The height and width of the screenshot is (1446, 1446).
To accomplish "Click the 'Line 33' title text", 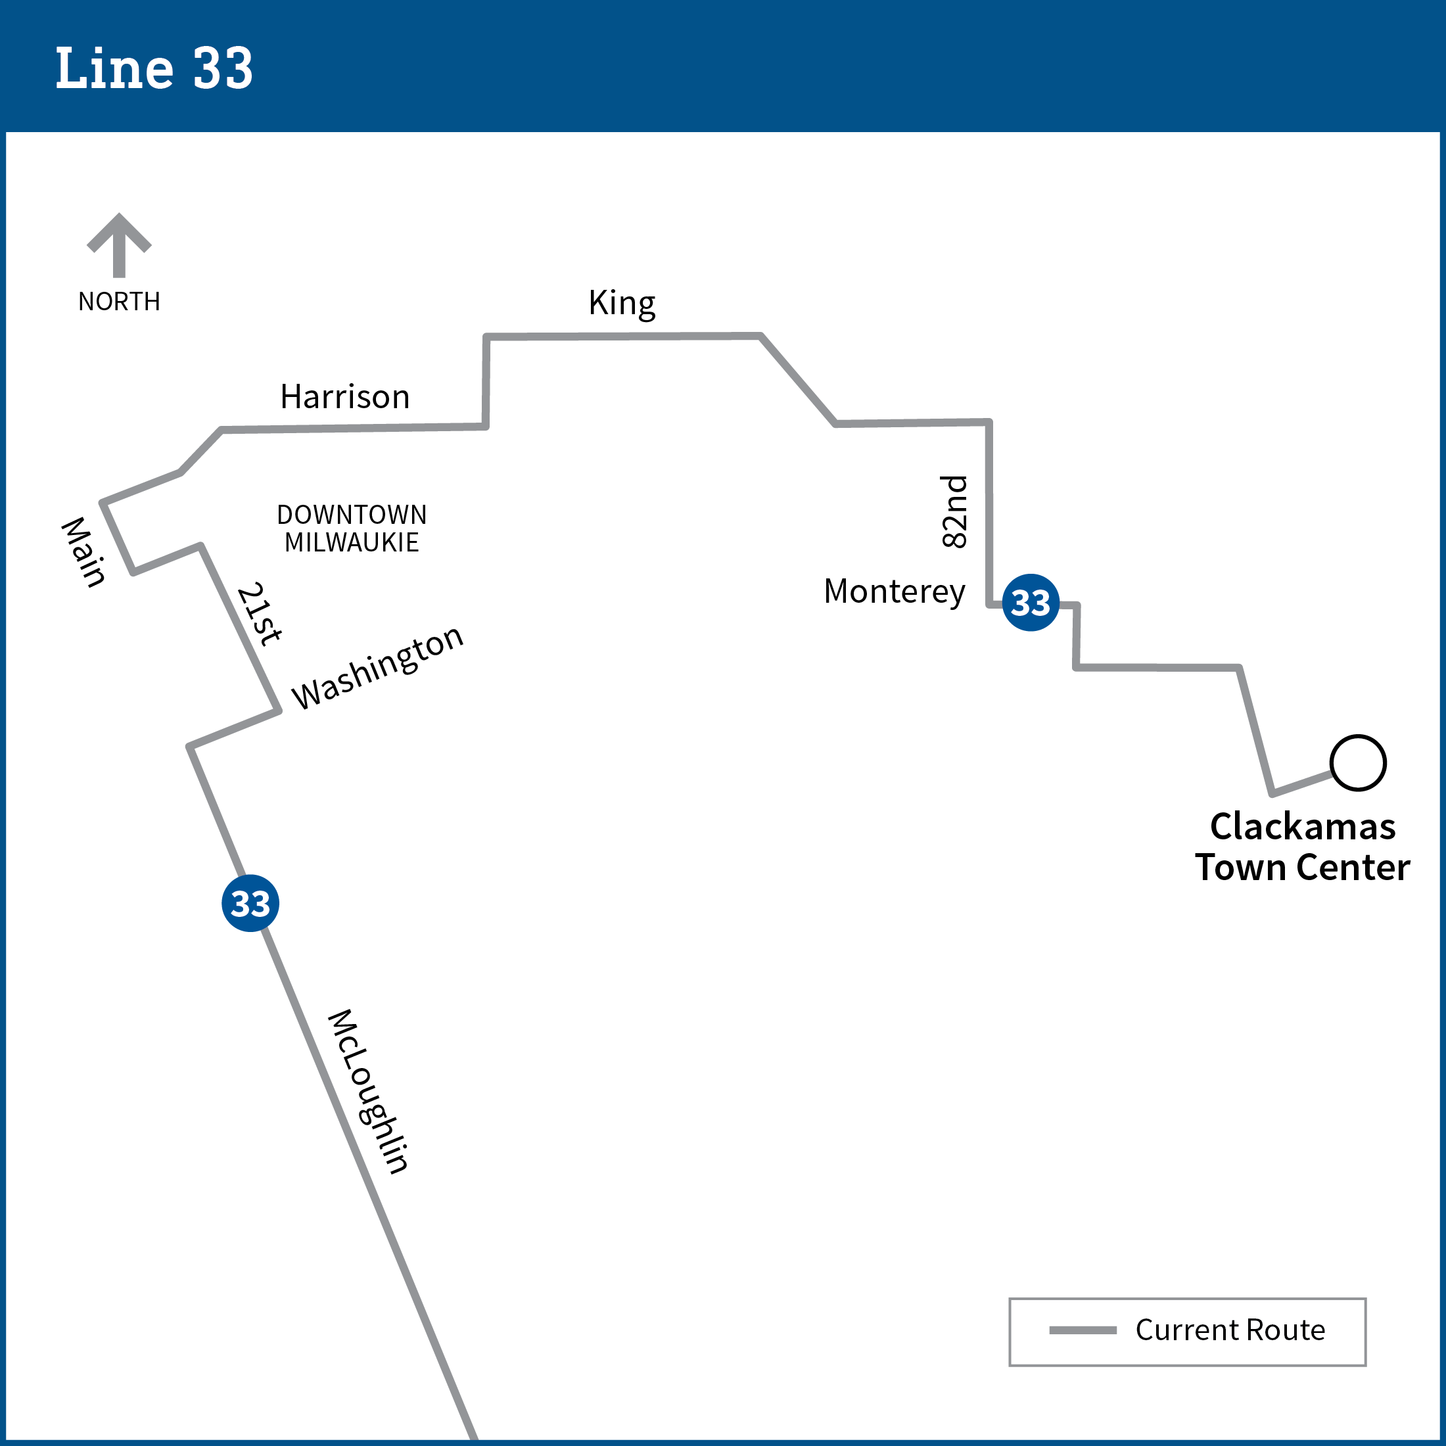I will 154,68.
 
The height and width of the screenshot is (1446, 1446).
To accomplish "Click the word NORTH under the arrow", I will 119,302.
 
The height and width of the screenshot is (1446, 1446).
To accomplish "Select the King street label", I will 621,303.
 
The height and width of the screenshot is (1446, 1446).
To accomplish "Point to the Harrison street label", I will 345,397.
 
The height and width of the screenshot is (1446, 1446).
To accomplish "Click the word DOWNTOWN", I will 352,514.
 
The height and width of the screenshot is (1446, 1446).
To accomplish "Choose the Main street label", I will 83,551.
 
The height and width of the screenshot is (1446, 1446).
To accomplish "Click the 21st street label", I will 259,614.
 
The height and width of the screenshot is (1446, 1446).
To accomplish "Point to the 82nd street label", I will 954,512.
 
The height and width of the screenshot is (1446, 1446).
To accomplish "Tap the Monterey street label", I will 895,592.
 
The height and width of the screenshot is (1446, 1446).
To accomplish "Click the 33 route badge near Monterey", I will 1031,603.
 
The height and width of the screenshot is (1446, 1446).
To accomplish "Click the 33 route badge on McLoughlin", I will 250,903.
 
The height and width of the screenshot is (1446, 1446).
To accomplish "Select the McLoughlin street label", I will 368,1091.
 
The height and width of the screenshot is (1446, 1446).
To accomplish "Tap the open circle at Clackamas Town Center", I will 1358,762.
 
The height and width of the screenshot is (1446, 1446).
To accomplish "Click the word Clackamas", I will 1302,827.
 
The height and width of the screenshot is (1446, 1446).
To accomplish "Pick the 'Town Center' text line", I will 1302,868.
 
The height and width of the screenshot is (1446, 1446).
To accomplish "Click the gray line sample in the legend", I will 1083,1330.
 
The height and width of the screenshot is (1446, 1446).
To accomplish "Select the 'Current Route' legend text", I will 1230,1330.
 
